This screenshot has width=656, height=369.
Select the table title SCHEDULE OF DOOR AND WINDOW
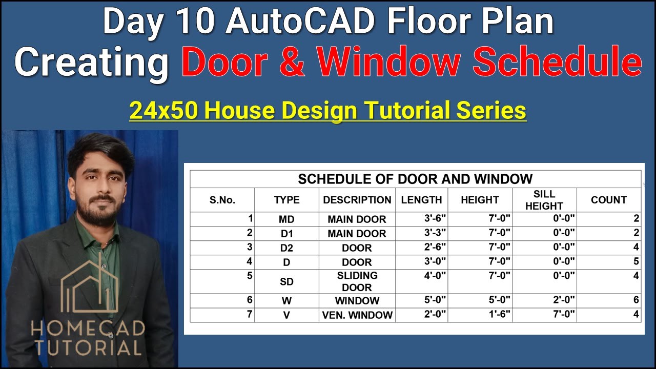(x=415, y=179)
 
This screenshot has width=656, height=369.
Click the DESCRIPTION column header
(x=357, y=200)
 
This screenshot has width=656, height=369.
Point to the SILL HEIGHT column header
(x=544, y=200)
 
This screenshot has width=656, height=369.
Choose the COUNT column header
(x=608, y=200)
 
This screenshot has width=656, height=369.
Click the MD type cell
(x=286, y=219)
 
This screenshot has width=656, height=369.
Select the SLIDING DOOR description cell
(x=357, y=281)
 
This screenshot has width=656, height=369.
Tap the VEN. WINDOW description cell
(x=357, y=315)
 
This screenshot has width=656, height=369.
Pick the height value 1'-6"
(x=499, y=314)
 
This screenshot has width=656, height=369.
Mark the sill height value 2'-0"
(x=563, y=300)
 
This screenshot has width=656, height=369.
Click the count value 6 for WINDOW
(x=636, y=300)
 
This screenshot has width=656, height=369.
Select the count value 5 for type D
(x=636, y=261)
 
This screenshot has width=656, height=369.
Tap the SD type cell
(x=286, y=282)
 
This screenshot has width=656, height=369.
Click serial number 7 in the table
(x=250, y=314)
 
